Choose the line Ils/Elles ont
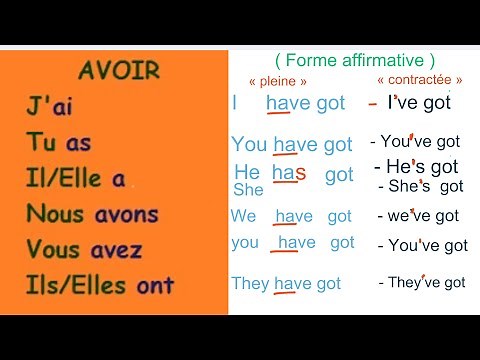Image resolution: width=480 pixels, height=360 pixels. [99, 285]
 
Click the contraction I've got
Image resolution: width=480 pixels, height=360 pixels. [419, 102]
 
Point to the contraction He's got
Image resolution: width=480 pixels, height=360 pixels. [416, 167]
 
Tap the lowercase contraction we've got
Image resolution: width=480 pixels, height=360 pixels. [418, 216]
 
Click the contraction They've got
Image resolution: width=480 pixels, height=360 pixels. [422, 283]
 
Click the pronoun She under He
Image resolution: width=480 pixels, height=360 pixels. [248, 189]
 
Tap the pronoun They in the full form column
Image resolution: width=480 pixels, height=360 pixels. [250, 283]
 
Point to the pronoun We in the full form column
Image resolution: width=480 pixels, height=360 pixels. [243, 216]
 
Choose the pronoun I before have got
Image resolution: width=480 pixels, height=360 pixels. [235, 102]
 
